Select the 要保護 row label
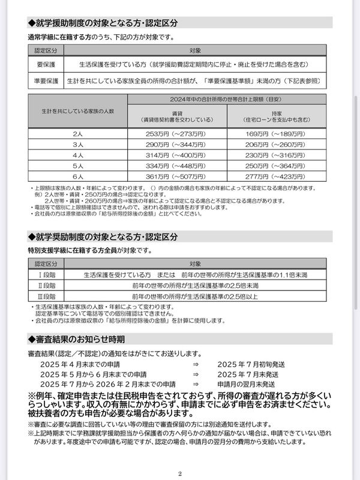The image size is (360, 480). [x=46, y=63]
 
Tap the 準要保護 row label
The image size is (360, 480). [x=46, y=79]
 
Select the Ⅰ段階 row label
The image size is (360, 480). [x=46, y=275]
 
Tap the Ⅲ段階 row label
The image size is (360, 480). [x=46, y=296]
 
